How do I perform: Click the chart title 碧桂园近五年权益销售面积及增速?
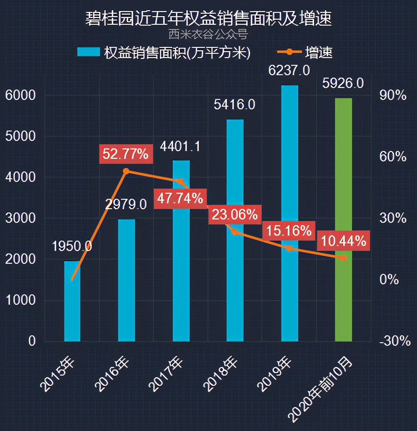[x=208, y=19]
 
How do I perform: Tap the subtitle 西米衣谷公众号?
[x=208, y=34]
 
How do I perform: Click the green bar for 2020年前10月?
[x=344, y=220]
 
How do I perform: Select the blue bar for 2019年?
[x=290, y=213]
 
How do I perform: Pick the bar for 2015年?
[x=72, y=301]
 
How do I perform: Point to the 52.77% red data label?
[x=125, y=154]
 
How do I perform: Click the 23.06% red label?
[x=235, y=214]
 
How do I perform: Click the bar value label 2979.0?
[x=126, y=204]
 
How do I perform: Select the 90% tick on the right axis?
[x=393, y=96]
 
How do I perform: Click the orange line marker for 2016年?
[x=126, y=171]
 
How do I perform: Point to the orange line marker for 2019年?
[x=289, y=248]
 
